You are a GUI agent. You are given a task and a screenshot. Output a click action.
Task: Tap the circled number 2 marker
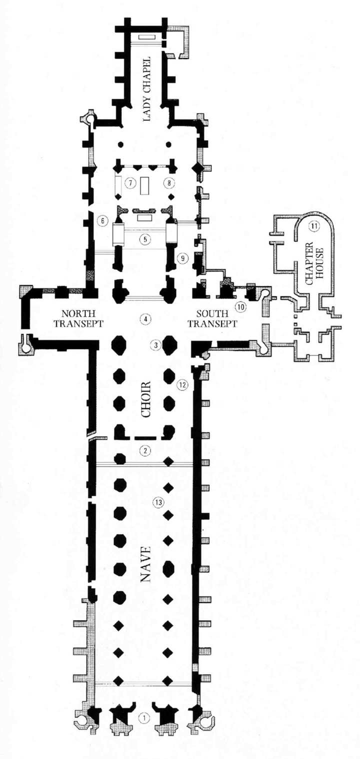(x=145, y=450)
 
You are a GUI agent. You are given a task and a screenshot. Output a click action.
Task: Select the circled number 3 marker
(x=156, y=345)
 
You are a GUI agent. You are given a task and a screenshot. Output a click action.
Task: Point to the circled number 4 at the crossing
(x=145, y=318)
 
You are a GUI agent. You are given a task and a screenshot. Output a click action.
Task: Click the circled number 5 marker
(x=145, y=239)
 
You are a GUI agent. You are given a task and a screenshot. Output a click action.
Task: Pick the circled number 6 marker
(x=101, y=221)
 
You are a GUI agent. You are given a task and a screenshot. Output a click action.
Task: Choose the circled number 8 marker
(x=169, y=183)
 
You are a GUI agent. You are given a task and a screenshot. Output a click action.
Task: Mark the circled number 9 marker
(x=182, y=258)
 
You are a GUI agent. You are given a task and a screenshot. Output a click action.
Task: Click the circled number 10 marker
(x=240, y=307)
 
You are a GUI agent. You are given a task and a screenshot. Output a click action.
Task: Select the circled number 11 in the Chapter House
(x=314, y=225)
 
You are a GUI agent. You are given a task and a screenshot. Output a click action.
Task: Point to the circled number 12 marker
(x=182, y=384)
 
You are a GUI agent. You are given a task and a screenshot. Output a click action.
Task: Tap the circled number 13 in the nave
(x=158, y=502)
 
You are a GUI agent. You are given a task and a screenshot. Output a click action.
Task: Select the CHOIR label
(x=145, y=399)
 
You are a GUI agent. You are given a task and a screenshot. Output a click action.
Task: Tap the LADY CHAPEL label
(x=146, y=89)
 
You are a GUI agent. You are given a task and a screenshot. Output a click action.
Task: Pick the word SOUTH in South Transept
(x=212, y=314)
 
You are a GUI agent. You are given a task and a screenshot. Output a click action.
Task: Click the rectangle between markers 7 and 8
(x=144, y=185)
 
